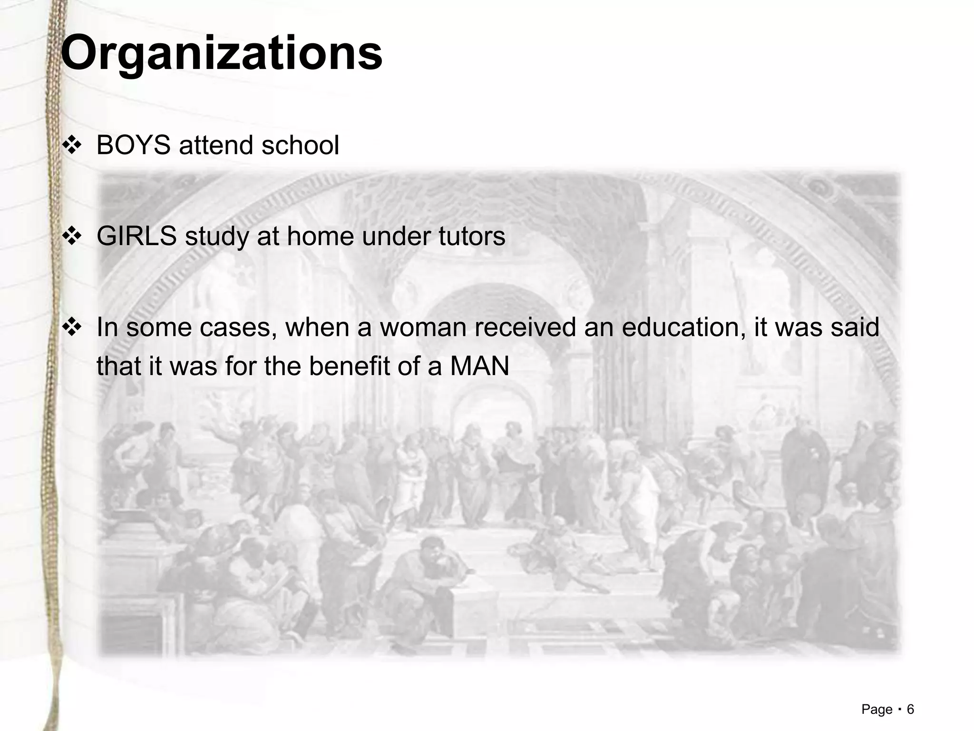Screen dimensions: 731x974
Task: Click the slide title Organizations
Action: (x=222, y=53)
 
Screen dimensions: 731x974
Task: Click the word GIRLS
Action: (x=136, y=236)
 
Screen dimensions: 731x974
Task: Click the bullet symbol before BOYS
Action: (x=72, y=146)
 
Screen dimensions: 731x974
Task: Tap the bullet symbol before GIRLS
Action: (x=72, y=237)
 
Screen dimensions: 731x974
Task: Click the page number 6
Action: (x=910, y=710)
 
